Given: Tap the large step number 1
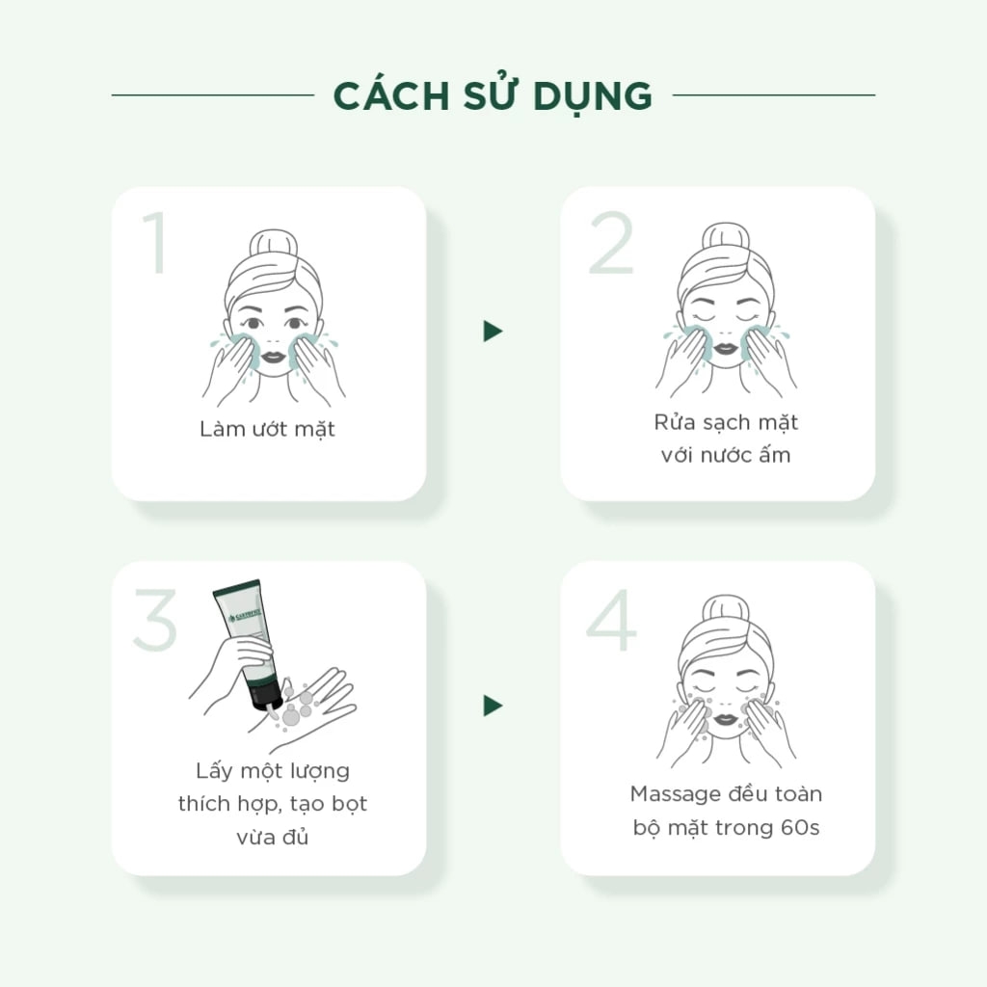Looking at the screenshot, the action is pyautogui.click(x=155, y=242).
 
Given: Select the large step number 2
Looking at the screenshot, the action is pyautogui.click(x=610, y=242).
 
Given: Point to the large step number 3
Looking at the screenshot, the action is pyautogui.click(x=155, y=620).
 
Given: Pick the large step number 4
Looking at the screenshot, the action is pyautogui.click(x=610, y=620).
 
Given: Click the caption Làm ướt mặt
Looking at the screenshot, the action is pyautogui.click(x=267, y=429).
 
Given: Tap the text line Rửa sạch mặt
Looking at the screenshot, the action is pyautogui.click(x=726, y=422).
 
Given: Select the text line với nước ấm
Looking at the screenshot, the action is pyautogui.click(x=726, y=455).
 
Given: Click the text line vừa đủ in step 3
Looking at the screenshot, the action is pyautogui.click(x=273, y=837).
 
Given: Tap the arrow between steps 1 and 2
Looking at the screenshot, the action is pyautogui.click(x=493, y=332).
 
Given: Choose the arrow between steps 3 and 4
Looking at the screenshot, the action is pyautogui.click(x=493, y=706).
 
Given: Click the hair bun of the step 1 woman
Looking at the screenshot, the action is pyautogui.click(x=273, y=244).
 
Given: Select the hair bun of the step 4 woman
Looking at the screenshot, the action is pyautogui.click(x=726, y=609).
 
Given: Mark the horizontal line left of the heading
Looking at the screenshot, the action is pyautogui.click(x=213, y=95).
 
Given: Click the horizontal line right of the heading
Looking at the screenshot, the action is pyautogui.click(x=774, y=95).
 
